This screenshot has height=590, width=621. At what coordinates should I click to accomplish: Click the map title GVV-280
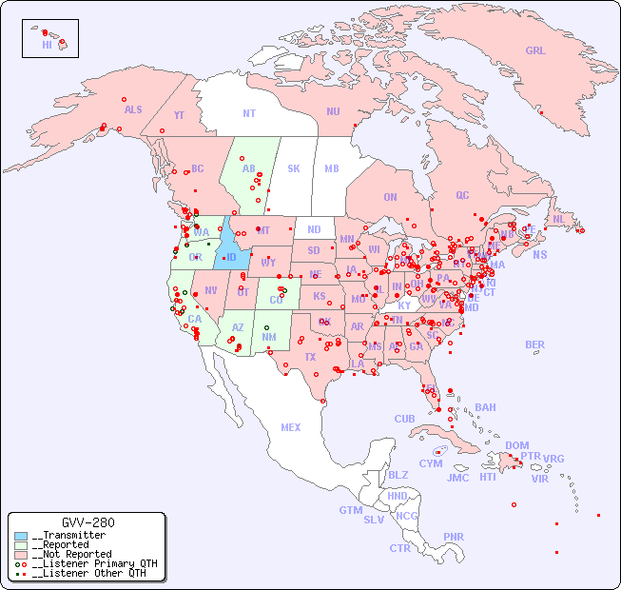[x=87, y=522]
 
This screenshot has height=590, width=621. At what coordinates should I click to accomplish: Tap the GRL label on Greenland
[x=535, y=51]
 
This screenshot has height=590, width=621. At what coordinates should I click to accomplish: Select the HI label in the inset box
[x=47, y=45]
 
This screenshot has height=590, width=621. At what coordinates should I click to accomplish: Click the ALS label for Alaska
[x=133, y=109]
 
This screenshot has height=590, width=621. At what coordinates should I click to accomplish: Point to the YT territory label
[x=179, y=115]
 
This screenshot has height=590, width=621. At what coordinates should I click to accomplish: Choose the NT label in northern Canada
[x=249, y=113]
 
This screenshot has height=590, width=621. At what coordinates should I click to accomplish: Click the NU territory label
[x=333, y=111]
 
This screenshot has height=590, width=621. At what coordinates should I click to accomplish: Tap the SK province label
[x=294, y=168]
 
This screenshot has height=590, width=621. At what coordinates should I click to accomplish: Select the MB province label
[x=331, y=168]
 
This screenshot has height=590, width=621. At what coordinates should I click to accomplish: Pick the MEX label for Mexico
[x=291, y=427]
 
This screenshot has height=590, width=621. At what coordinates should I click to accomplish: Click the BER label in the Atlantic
[x=535, y=344]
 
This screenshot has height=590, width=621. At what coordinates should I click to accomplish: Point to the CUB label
[x=404, y=419]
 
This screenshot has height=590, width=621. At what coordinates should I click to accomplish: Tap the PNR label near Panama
[x=454, y=537]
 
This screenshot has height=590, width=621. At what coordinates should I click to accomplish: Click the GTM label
[x=350, y=510]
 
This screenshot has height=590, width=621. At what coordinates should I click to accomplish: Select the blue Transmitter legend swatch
[x=21, y=536]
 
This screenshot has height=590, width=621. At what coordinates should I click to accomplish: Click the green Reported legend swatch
[x=21, y=545]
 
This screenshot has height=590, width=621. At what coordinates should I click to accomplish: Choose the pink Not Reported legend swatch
[x=21, y=554]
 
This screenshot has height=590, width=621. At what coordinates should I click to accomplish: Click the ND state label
[x=314, y=229]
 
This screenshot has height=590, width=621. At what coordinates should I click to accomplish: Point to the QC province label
[x=462, y=195]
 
